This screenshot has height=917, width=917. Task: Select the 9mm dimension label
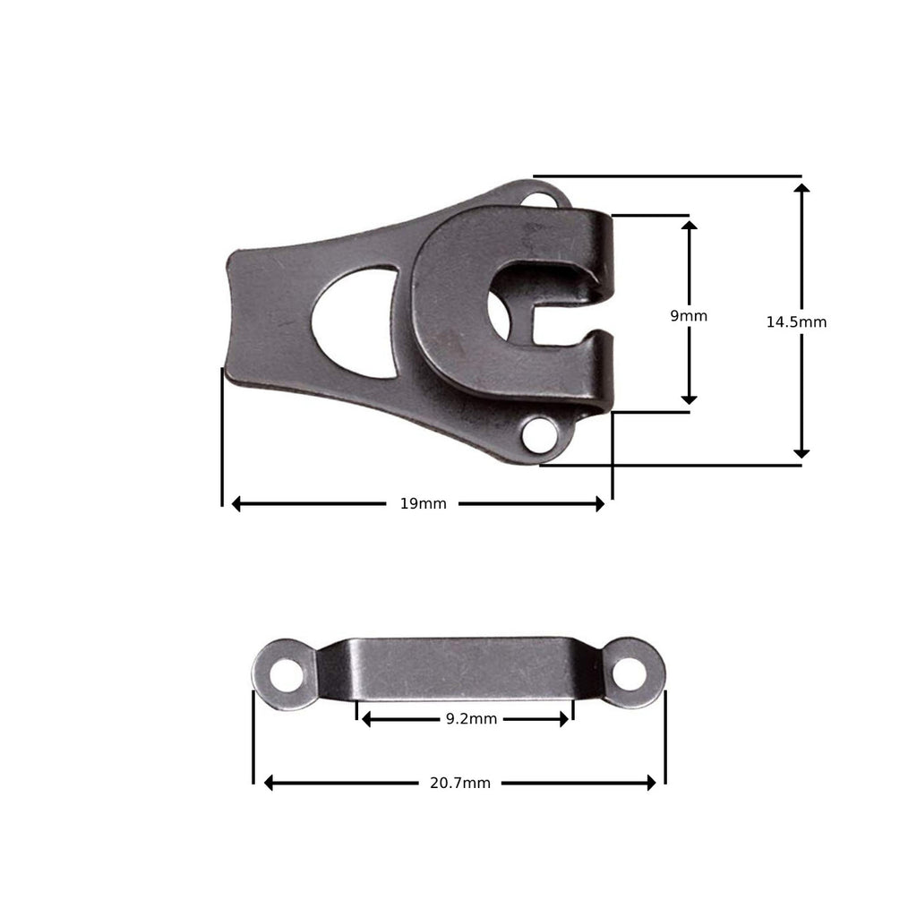tap(689, 316)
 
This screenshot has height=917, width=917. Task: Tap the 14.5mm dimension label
tap(796, 322)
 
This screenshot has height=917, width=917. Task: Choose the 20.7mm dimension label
tap(459, 783)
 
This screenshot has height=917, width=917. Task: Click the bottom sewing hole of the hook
tap(539, 438)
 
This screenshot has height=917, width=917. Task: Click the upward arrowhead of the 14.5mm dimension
tap(801, 190)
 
